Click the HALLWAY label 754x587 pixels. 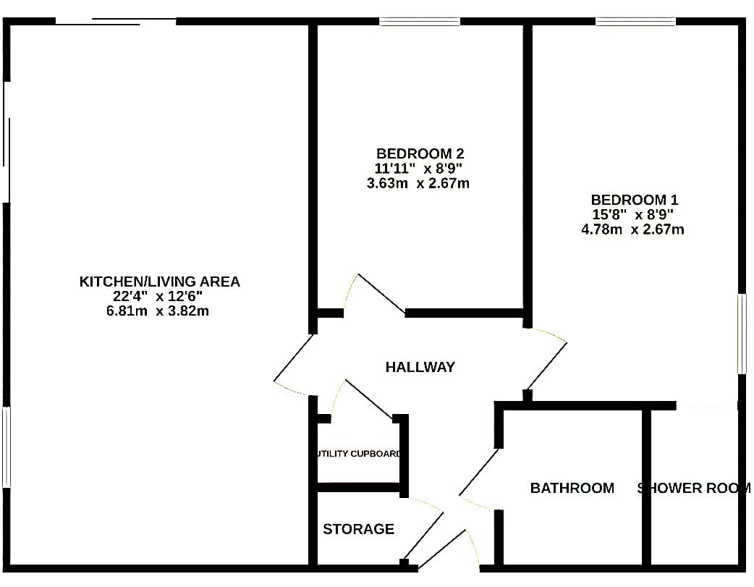(420, 367)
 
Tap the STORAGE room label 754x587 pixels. (358, 529)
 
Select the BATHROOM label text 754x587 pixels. (572, 488)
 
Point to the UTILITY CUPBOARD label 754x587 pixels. (359, 454)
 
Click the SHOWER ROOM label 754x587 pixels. (694, 488)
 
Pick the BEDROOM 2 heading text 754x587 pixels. (420, 153)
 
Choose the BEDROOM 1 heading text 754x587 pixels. (635, 199)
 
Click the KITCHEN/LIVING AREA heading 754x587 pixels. (160, 282)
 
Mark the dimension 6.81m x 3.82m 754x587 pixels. (158, 311)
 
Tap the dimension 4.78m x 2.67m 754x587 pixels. (633, 229)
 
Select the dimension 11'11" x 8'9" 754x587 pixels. (418, 169)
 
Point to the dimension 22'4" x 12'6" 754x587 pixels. (158, 296)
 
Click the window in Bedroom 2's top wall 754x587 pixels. (419, 22)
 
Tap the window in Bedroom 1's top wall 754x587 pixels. (636, 22)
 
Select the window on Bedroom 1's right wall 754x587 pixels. (742, 334)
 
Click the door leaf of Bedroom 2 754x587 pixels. (382, 294)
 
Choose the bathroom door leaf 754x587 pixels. (479, 471)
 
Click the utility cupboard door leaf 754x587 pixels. (369, 400)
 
